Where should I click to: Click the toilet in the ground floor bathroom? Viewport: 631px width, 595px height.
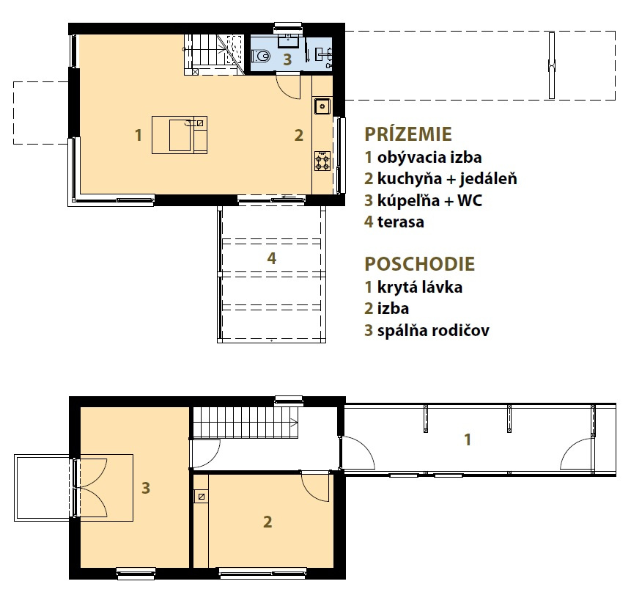260,56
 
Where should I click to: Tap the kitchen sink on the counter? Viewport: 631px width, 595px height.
322,106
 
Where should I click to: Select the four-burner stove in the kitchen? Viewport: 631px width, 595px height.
322,161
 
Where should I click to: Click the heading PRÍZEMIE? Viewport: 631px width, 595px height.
408,134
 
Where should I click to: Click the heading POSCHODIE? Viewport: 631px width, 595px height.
420,264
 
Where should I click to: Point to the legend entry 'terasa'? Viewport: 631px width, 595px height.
401,222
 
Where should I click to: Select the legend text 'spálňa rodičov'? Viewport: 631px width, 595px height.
433,330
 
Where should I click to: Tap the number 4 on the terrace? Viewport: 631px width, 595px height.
272,258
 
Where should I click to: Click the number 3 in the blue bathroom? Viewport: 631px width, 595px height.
287,59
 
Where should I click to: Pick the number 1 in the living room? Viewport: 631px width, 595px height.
139,135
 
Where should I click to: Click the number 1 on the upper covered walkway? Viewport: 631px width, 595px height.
468,439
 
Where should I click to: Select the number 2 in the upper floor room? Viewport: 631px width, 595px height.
267,522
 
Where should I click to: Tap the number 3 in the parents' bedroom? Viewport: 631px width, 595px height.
146,488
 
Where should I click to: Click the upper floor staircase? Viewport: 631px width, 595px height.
245,422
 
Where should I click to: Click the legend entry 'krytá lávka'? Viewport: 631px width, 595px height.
420,287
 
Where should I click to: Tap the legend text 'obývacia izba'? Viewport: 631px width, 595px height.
429,158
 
